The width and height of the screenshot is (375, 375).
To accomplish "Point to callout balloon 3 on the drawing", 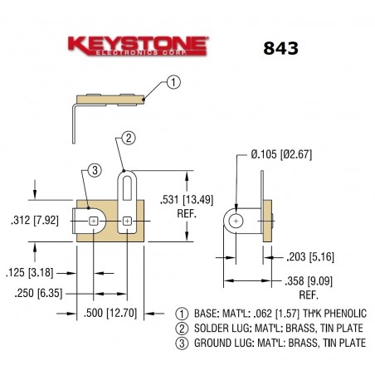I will click(94, 170).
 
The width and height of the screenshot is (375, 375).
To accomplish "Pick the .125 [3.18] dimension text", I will click(35, 271).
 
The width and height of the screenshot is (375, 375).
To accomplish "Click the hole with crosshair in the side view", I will click(237, 221).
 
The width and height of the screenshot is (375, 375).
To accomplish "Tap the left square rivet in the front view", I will click(93, 221).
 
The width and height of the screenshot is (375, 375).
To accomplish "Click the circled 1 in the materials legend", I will click(183, 314).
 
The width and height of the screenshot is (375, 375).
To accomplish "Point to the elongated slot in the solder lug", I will click(127, 188).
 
